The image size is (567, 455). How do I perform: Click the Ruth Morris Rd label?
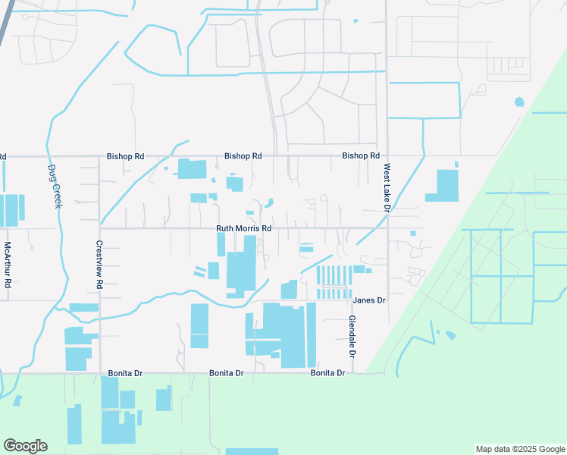243,228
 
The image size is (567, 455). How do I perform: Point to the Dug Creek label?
54,187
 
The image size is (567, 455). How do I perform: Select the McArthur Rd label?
8,264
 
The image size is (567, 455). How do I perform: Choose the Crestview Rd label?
99,264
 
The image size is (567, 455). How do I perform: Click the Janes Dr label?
369,300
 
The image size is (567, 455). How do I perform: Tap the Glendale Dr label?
352,337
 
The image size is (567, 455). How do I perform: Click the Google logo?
25,446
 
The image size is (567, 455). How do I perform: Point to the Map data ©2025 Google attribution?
519,449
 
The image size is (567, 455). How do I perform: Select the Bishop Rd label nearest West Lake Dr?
360,155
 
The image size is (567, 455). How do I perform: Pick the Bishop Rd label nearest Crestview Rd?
125,156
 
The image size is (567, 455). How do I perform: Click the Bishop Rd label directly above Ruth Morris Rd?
243,156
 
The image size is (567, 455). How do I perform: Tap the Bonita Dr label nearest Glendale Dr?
327,373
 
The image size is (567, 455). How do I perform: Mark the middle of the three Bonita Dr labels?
227,374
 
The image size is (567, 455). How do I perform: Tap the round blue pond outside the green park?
519,102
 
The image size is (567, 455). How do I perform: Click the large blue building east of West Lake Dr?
444,186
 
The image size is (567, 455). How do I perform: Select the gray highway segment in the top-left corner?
6,18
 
